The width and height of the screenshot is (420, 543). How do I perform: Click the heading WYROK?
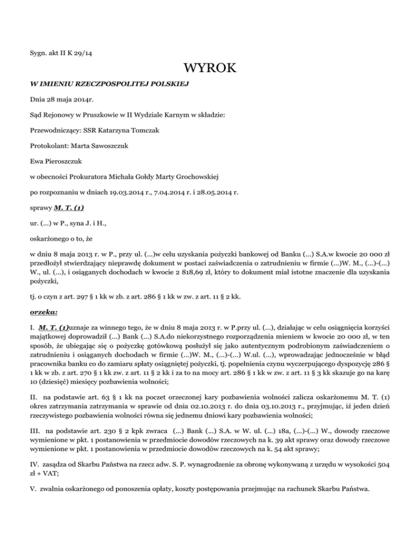[209, 69]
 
